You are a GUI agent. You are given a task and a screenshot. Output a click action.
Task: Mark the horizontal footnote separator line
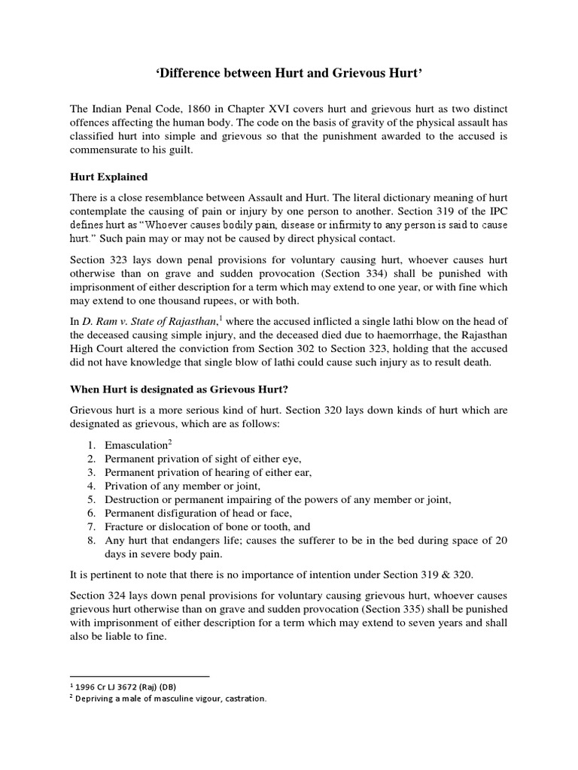(x=138, y=676)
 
